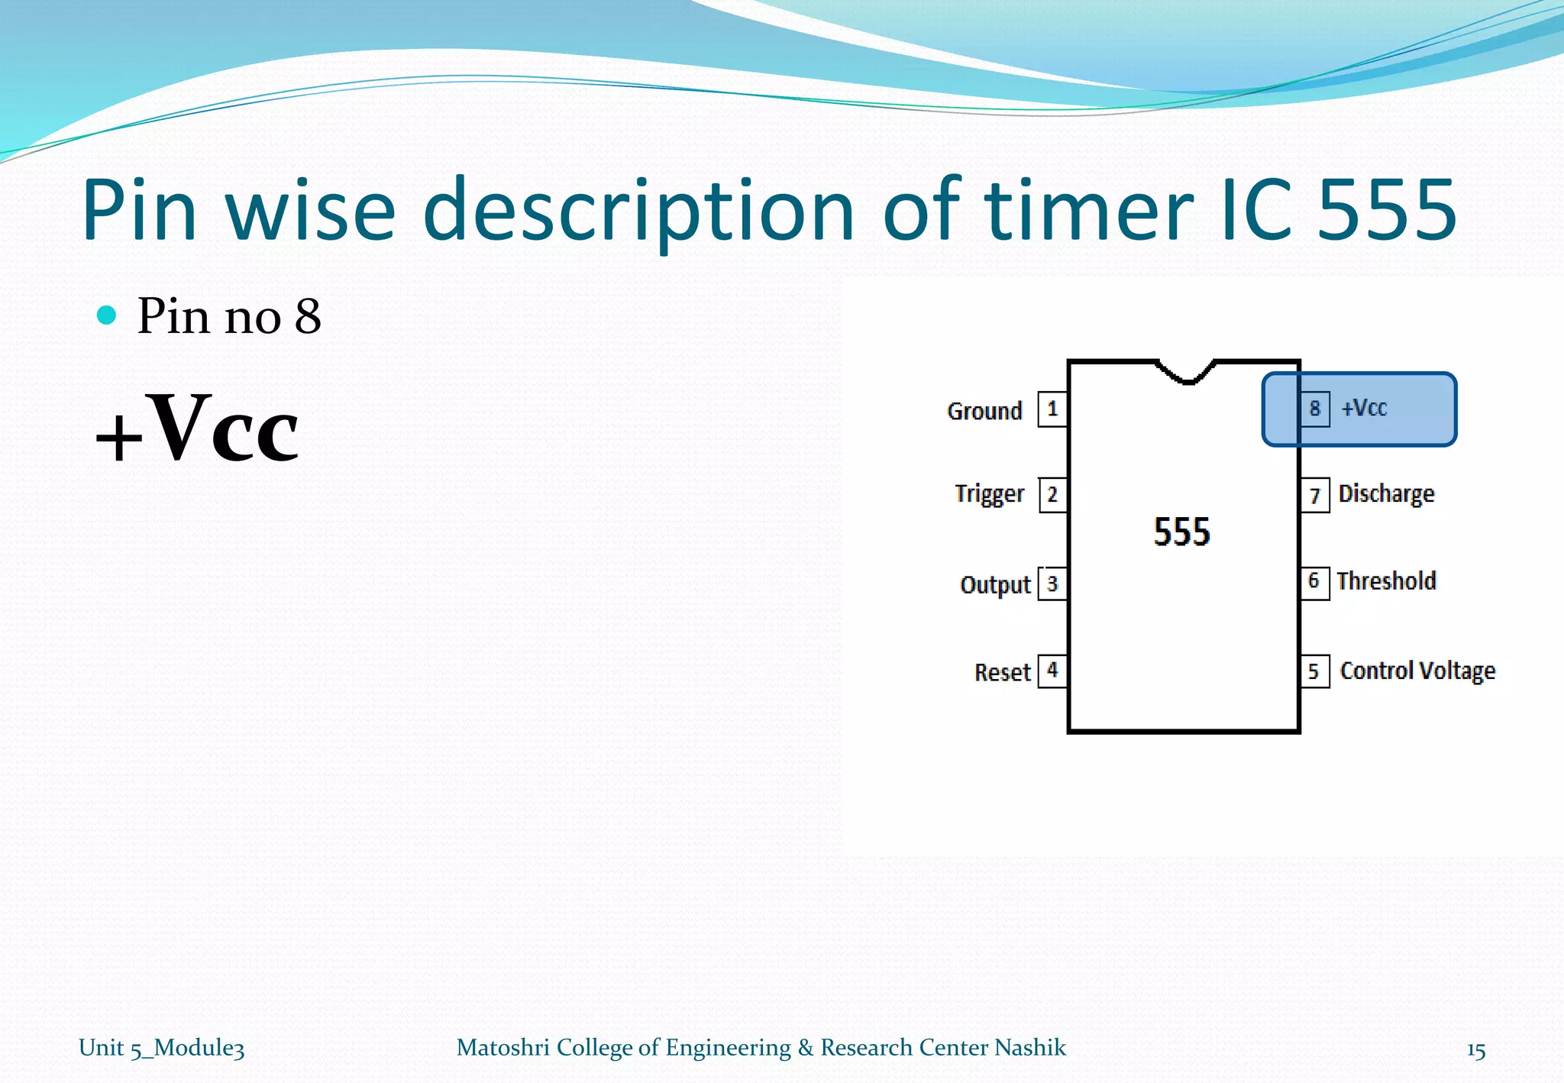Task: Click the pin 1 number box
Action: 1052,409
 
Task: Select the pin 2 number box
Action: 1052,495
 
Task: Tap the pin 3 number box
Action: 1052,584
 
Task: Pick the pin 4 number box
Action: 1052,671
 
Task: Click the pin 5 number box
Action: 1314,671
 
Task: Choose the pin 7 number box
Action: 1314,496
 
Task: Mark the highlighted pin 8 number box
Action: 1314,409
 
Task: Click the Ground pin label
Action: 984,411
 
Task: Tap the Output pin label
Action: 995,585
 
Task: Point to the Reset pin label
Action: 1002,672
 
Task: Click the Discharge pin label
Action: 1386,494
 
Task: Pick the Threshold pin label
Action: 1386,581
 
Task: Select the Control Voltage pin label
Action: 1417,671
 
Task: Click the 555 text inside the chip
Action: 1181,532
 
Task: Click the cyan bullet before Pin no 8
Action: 107,315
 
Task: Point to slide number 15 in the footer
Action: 1475,1051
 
